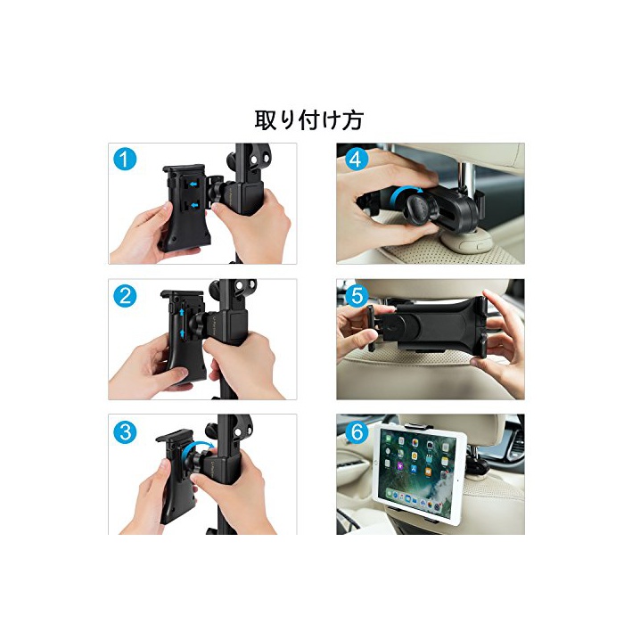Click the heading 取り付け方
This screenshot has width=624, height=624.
[x=308, y=119]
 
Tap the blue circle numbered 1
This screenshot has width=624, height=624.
[x=125, y=160]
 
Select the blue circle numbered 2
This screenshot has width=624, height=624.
[x=125, y=296]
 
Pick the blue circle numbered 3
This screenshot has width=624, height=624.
[x=125, y=431]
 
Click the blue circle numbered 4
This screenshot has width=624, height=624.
[x=356, y=160]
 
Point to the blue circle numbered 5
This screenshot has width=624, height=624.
[x=357, y=296]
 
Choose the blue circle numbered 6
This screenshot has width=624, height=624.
[x=357, y=431]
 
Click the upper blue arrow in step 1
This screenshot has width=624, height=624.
[x=193, y=185]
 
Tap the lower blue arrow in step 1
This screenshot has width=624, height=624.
[x=193, y=205]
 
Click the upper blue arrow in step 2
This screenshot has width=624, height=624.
[x=182, y=312]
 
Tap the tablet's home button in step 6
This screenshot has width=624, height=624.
[x=458, y=480]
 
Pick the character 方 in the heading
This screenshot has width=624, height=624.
[x=353, y=119]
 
